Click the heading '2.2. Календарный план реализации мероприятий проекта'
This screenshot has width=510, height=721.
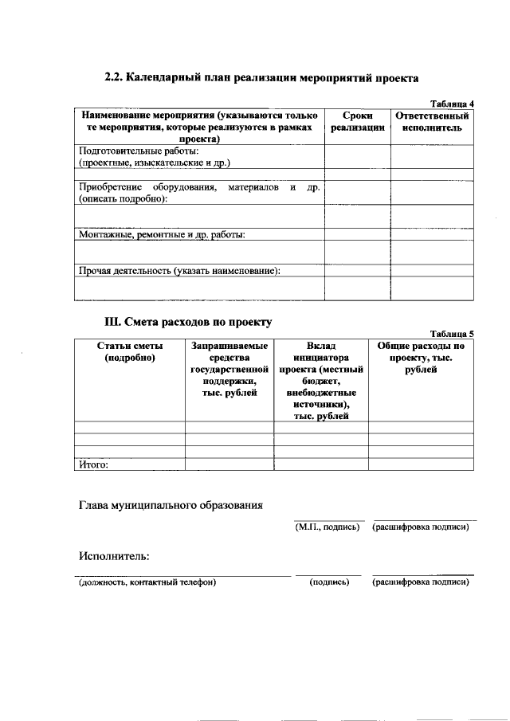coord(261,78)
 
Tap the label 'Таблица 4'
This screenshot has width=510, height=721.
coord(452,104)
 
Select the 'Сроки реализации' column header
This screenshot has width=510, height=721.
coord(357,121)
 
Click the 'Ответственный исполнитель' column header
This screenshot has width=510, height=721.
coord(433,121)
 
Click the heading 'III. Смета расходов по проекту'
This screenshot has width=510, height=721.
coord(188,323)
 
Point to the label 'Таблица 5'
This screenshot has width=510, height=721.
coord(452,334)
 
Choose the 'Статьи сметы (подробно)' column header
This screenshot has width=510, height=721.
coord(129,352)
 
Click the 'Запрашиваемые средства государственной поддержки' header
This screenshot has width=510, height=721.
coord(229,370)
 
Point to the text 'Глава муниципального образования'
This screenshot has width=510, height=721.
coord(171,505)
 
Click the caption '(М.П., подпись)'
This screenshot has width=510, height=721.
coord(327,527)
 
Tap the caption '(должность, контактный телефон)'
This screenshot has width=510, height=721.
coord(147,582)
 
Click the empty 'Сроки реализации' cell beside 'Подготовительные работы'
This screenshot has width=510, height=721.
coord(357,156)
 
